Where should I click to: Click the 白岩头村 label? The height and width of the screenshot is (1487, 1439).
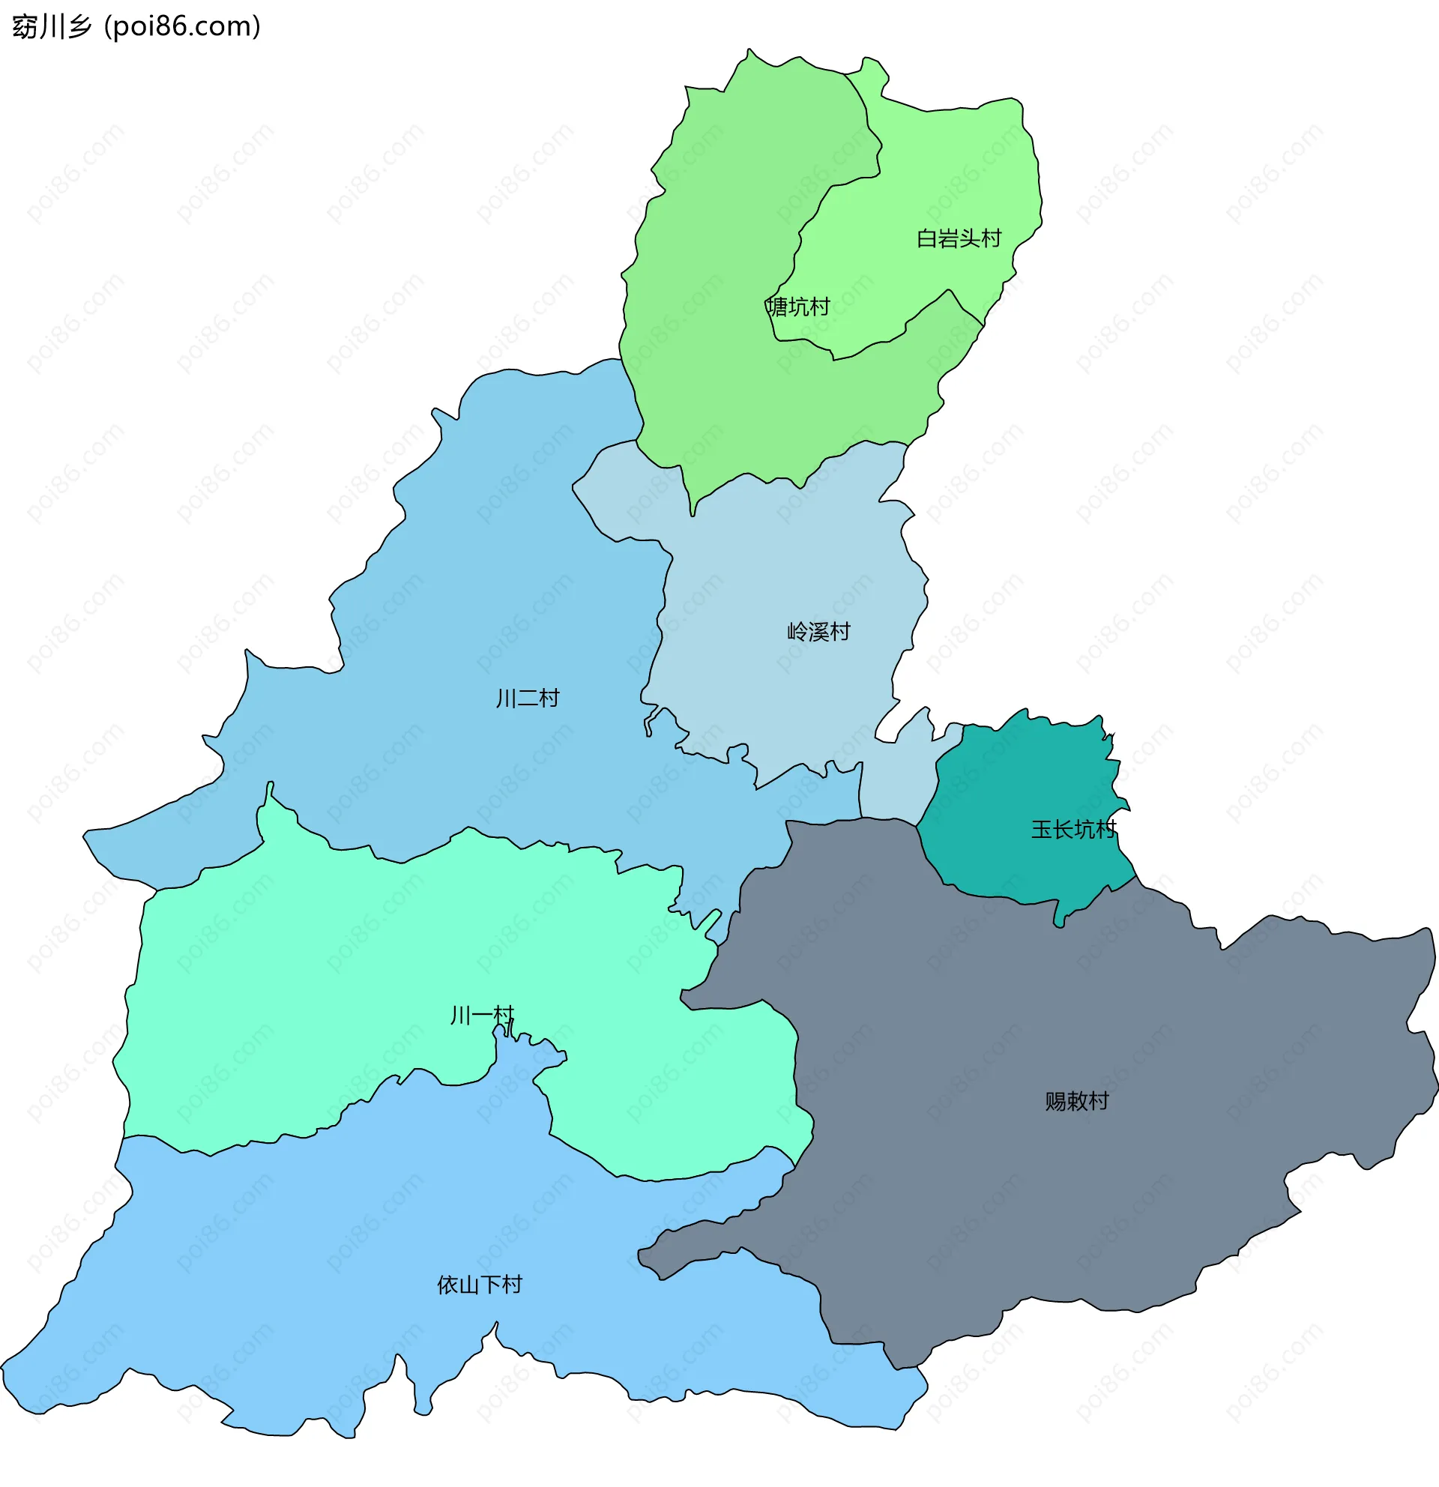pyautogui.click(x=958, y=238)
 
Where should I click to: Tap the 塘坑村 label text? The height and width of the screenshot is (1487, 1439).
pyautogui.click(x=798, y=307)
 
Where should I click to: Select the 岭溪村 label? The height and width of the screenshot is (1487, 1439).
pyautogui.click(x=818, y=631)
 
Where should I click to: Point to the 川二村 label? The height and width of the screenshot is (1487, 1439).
pyautogui.click(x=527, y=698)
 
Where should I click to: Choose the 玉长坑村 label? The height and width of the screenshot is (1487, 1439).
pyautogui.click(x=1073, y=829)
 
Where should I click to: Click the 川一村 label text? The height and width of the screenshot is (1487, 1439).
pyautogui.click(x=482, y=1015)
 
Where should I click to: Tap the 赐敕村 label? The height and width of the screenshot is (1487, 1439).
pyautogui.click(x=1076, y=1101)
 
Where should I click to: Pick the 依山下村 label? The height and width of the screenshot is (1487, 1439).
pyautogui.click(x=480, y=1285)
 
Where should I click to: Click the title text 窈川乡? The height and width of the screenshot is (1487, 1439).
pyautogui.click(x=52, y=26)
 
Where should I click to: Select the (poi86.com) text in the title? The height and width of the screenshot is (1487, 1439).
pyautogui.click(x=182, y=26)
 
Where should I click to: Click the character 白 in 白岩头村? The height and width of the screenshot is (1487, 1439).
pyautogui.click(x=926, y=238)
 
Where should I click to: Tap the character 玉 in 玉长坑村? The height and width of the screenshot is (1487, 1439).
pyautogui.click(x=1041, y=829)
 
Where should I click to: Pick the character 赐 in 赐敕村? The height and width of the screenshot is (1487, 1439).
pyautogui.click(x=1055, y=1101)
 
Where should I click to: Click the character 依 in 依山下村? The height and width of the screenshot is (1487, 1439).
pyautogui.click(x=447, y=1285)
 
